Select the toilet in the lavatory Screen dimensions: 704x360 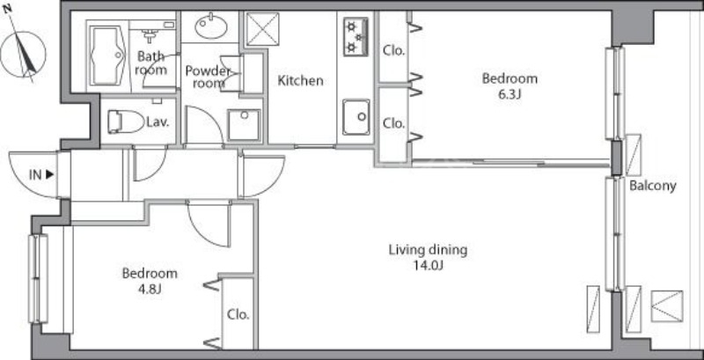click(125, 121)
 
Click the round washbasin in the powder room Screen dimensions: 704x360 click(210, 26)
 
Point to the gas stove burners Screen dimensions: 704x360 click(356, 36)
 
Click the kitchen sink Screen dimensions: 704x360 click(356, 117)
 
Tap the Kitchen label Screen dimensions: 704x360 click(300, 81)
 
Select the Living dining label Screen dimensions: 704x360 click(428, 250)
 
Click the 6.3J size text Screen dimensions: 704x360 click(510, 95)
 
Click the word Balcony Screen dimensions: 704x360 click(652, 186)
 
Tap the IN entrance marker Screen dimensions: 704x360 click(40, 175)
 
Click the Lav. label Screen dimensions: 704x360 click(158, 122)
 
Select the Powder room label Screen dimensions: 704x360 click(209, 77)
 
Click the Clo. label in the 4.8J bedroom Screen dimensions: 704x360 click(238, 314)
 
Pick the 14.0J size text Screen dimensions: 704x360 click(429, 266)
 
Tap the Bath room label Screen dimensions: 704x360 click(150, 62)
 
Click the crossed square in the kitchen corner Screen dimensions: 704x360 click(262, 29)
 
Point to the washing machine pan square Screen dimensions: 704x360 click(244, 125)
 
